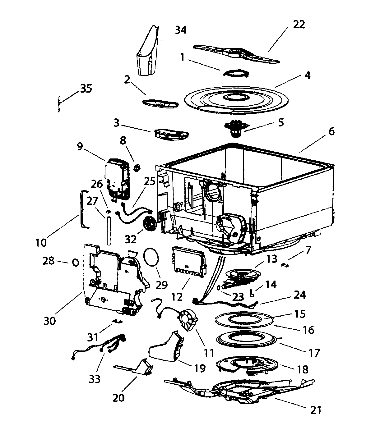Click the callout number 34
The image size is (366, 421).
181,30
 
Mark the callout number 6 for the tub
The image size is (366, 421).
331,131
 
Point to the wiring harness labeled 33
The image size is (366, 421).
100,347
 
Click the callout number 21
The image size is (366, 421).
316,410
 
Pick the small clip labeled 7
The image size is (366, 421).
285,265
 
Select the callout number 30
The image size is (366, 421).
49,320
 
